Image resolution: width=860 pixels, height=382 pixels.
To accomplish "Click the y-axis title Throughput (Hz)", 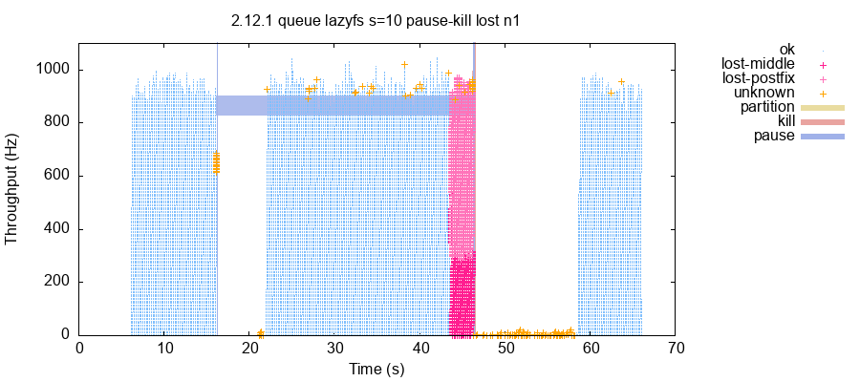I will [x=12, y=189].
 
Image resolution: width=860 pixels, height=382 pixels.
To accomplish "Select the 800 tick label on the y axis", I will [x=58, y=122].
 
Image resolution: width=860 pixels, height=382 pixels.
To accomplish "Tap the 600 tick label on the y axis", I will [x=58, y=176].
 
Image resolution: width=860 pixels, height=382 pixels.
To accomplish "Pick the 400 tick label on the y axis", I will [x=58, y=229].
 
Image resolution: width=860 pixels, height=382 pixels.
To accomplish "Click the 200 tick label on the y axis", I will [x=58, y=282].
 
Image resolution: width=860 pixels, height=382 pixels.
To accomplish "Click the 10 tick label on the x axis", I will [x=164, y=349].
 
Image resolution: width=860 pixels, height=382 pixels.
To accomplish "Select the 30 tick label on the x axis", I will [x=334, y=349].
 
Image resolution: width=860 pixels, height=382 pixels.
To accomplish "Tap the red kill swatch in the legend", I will [x=822, y=121].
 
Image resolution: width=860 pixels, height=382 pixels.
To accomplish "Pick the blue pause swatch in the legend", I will [x=822, y=136].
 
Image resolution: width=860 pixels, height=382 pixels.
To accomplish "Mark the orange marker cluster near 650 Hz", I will [x=216, y=162].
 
